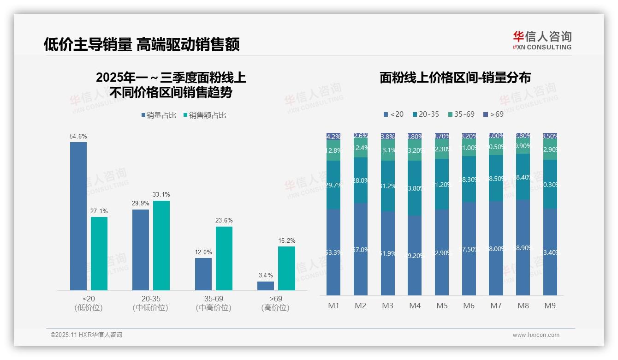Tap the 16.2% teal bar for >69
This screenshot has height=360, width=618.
(x=286, y=268)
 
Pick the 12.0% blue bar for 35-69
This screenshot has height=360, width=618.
(x=203, y=274)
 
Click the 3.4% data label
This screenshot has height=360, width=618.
(x=266, y=276)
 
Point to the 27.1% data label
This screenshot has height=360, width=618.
(x=99, y=211)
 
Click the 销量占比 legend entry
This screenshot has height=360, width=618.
(x=159, y=115)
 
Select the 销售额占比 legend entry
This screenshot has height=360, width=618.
(x=205, y=115)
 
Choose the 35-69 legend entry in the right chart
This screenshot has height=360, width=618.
(x=461, y=114)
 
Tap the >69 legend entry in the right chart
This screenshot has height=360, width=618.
(x=493, y=114)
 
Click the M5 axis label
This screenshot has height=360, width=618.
(x=442, y=306)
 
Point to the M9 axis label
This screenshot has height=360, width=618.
(x=550, y=306)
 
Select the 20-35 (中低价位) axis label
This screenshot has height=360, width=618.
(x=150, y=303)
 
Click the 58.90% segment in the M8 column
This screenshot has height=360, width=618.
(x=523, y=247)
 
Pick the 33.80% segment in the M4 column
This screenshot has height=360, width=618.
(x=415, y=188)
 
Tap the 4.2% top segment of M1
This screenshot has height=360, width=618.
(x=333, y=136)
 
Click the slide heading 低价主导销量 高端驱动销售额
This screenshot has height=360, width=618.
(x=142, y=44)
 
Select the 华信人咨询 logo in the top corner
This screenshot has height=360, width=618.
(x=542, y=40)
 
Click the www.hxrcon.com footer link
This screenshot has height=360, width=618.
(x=536, y=335)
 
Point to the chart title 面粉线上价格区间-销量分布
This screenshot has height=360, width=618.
(x=455, y=78)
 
